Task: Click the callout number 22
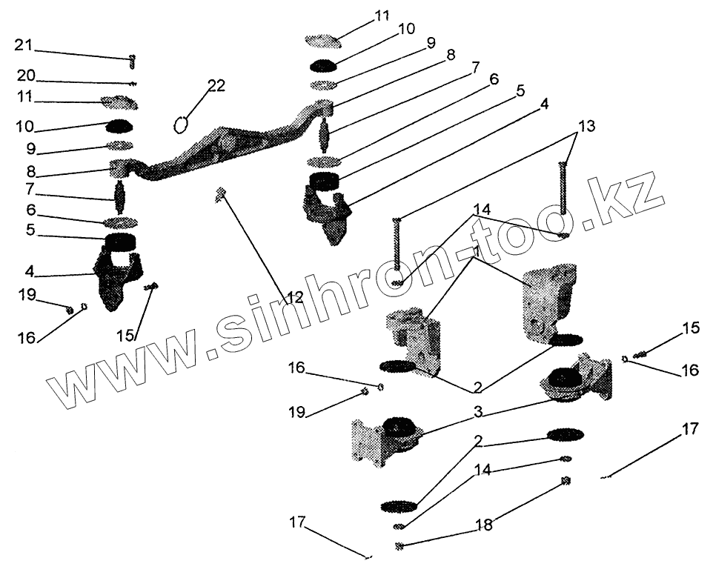coord(216,87)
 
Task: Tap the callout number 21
coord(23,46)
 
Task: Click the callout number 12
coord(295,298)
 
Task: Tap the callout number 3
coord(479,411)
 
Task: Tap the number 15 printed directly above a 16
coord(690,328)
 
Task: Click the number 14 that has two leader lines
coord(482,210)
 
